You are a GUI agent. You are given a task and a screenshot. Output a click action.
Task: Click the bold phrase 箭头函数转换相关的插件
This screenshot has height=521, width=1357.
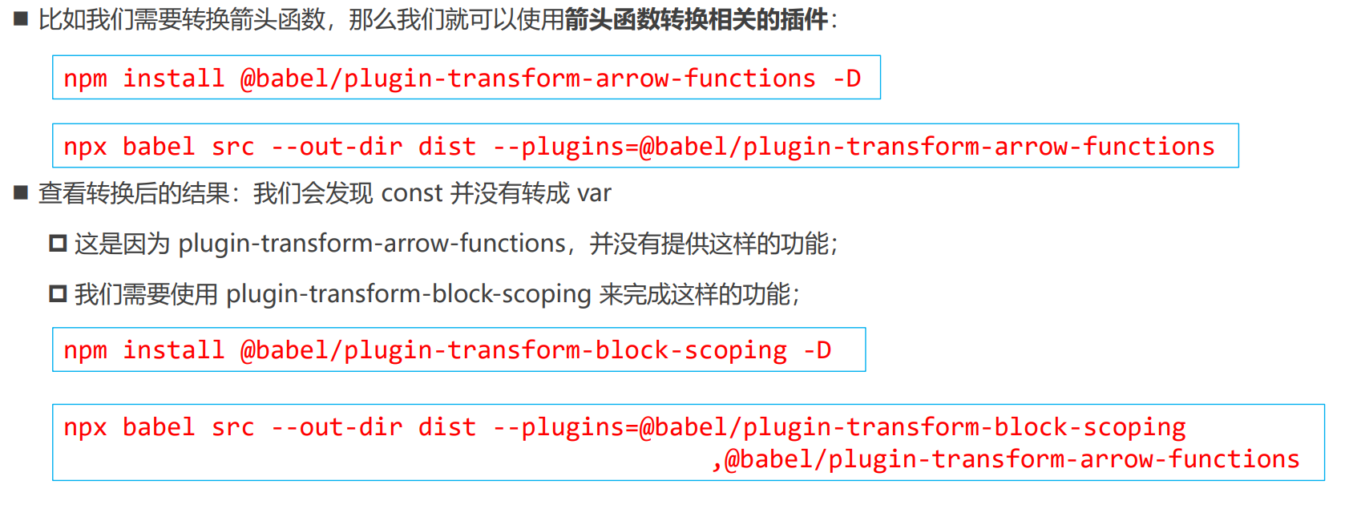point(696,19)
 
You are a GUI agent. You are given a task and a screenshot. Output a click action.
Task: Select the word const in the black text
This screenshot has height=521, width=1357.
point(412,193)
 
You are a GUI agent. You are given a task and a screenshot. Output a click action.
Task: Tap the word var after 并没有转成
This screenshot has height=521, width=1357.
point(594,193)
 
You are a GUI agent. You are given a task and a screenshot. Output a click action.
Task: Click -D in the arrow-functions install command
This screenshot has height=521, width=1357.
point(846,79)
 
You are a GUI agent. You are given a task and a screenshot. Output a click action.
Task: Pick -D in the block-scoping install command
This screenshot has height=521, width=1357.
point(818,350)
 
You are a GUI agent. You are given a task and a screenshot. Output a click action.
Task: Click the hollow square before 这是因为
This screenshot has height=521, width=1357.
point(58,243)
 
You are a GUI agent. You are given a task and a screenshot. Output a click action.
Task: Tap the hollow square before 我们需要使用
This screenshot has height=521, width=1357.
point(58,294)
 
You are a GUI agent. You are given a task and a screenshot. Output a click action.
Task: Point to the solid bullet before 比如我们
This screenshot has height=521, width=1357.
point(21,18)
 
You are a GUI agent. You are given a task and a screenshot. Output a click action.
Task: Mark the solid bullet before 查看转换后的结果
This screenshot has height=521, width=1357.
point(21,192)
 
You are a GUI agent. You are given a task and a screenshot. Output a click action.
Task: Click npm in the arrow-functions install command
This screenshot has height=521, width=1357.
point(85,79)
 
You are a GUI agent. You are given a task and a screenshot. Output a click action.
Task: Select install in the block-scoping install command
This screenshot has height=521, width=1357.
point(173,350)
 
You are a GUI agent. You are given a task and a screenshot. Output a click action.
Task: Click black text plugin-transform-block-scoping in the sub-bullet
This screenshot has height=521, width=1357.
point(408,294)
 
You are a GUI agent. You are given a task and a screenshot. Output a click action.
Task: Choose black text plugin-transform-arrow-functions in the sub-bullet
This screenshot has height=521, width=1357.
point(372,243)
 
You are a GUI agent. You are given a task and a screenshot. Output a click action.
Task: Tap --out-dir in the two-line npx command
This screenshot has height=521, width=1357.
point(337,427)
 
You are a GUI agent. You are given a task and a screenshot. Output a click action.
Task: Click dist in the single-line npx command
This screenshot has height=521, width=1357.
point(446,147)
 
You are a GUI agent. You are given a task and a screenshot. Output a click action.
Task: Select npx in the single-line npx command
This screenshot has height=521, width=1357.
point(85,147)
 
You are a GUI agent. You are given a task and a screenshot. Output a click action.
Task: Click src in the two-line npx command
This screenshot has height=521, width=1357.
point(232,427)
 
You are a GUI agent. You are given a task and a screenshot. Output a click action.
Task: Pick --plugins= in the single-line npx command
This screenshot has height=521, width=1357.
point(565,147)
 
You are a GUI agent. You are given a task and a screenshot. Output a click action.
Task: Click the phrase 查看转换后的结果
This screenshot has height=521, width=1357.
point(134,193)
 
